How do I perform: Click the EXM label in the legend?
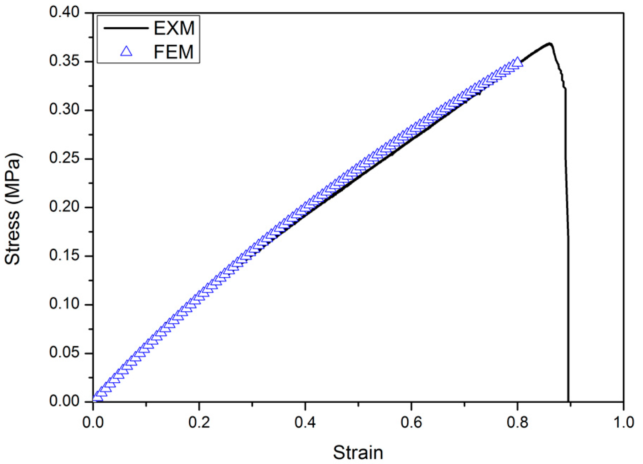tap(174, 28)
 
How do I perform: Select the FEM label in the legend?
tap(173, 52)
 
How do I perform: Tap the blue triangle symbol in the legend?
tap(126, 52)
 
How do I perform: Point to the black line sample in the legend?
tap(126, 28)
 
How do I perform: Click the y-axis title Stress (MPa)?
tap(13, 209)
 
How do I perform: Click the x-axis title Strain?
tap(358, 453)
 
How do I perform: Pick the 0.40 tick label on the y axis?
tap(64, 13)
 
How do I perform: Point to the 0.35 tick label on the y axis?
tap(64, 61)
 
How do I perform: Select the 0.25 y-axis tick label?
tap(64, 159)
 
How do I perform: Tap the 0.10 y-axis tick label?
tap(64, 305)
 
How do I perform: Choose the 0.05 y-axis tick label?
tap(64, 353)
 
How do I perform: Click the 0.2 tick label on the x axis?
tap(199, 422)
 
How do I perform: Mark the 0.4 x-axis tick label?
tap(305, 422)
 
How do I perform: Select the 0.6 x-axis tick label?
tap(411, 422)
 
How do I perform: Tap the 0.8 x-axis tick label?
tap(517, 422)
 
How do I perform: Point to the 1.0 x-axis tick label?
tap(623, 422)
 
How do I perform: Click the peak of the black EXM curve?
tap(550, 43)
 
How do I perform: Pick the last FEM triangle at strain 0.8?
tap(517, 62)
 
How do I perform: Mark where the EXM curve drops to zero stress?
tap(568, 401)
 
